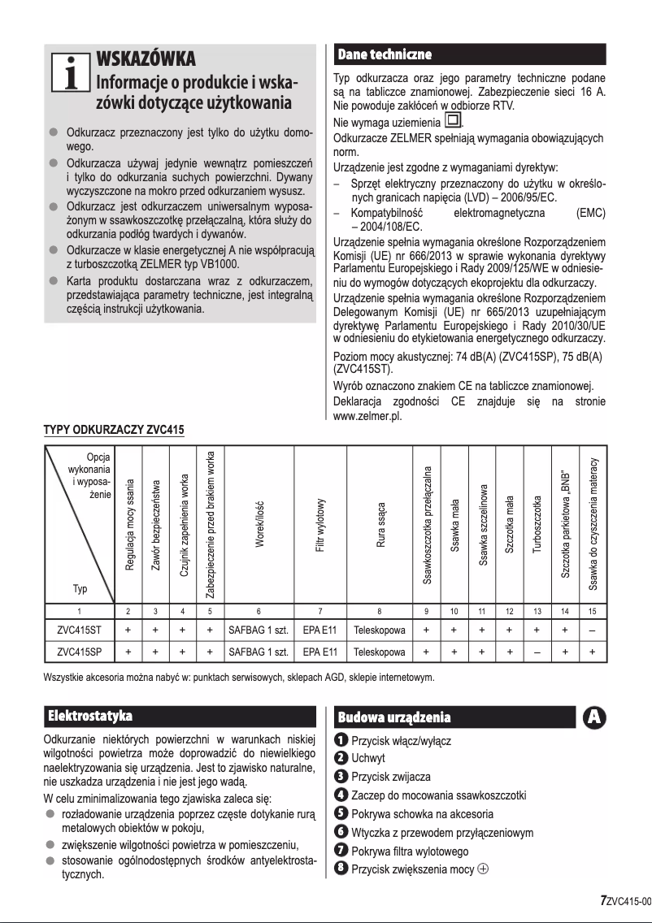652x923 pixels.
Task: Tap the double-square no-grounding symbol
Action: click(451, 123)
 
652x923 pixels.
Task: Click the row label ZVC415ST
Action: click(79, 628)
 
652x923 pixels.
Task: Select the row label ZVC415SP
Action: click(79, 652)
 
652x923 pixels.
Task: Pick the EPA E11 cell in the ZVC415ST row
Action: click(320, 628)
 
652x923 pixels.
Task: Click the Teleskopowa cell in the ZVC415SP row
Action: click(380, 652)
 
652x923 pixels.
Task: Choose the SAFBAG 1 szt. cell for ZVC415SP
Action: click(258, 652)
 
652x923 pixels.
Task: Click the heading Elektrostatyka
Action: click(90, 716)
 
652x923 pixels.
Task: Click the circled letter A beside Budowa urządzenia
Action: click(594, 717)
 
